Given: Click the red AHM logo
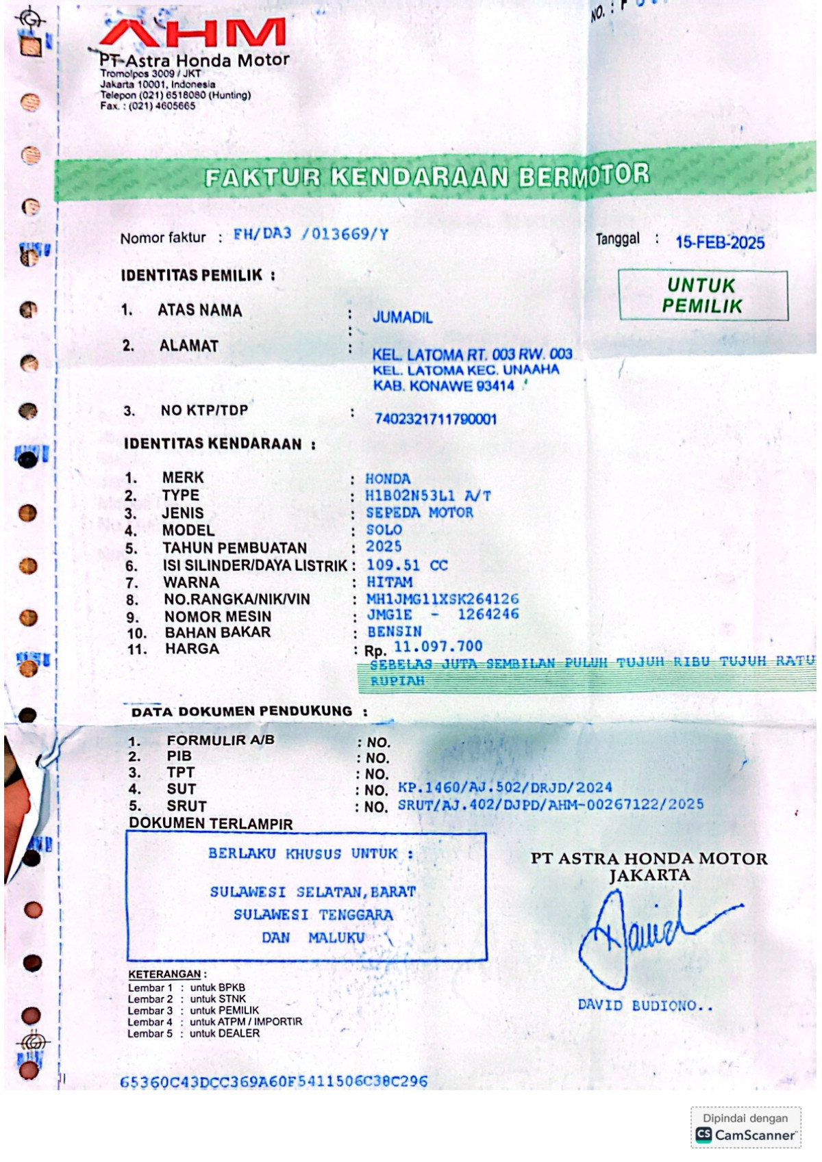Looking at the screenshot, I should [x=194, y=34].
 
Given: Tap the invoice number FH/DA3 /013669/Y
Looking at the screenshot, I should [x=310, y=234].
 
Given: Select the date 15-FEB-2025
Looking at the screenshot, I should [x=719, y=242].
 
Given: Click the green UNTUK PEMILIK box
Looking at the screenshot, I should [x=703, y=296].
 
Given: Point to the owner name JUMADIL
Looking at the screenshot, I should [x=402, y=318].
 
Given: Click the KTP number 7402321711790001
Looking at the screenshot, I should [x=435, y=419].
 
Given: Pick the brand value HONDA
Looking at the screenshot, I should [x=388, y=479].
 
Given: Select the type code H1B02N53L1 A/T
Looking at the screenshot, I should [x=427, y=495].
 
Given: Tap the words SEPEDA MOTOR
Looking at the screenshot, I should [x=419, y=513].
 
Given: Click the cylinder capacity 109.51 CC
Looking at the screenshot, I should [x=407, y=565].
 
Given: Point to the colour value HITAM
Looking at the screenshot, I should [x=389, y=582].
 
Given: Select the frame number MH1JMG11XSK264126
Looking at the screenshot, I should [x=443, y=599].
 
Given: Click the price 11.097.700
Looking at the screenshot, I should [x=438, y=647].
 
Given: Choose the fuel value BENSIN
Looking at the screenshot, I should [x=395, y=631].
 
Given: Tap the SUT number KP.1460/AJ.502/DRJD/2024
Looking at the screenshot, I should [x=505, y=788].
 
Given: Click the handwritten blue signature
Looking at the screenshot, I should [x=644, y=938].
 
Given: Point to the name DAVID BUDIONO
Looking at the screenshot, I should [x=645, y=1005].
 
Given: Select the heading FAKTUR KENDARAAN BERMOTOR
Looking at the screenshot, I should [x=426, y=177].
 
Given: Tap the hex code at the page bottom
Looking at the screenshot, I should [x=273, y=1082].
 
